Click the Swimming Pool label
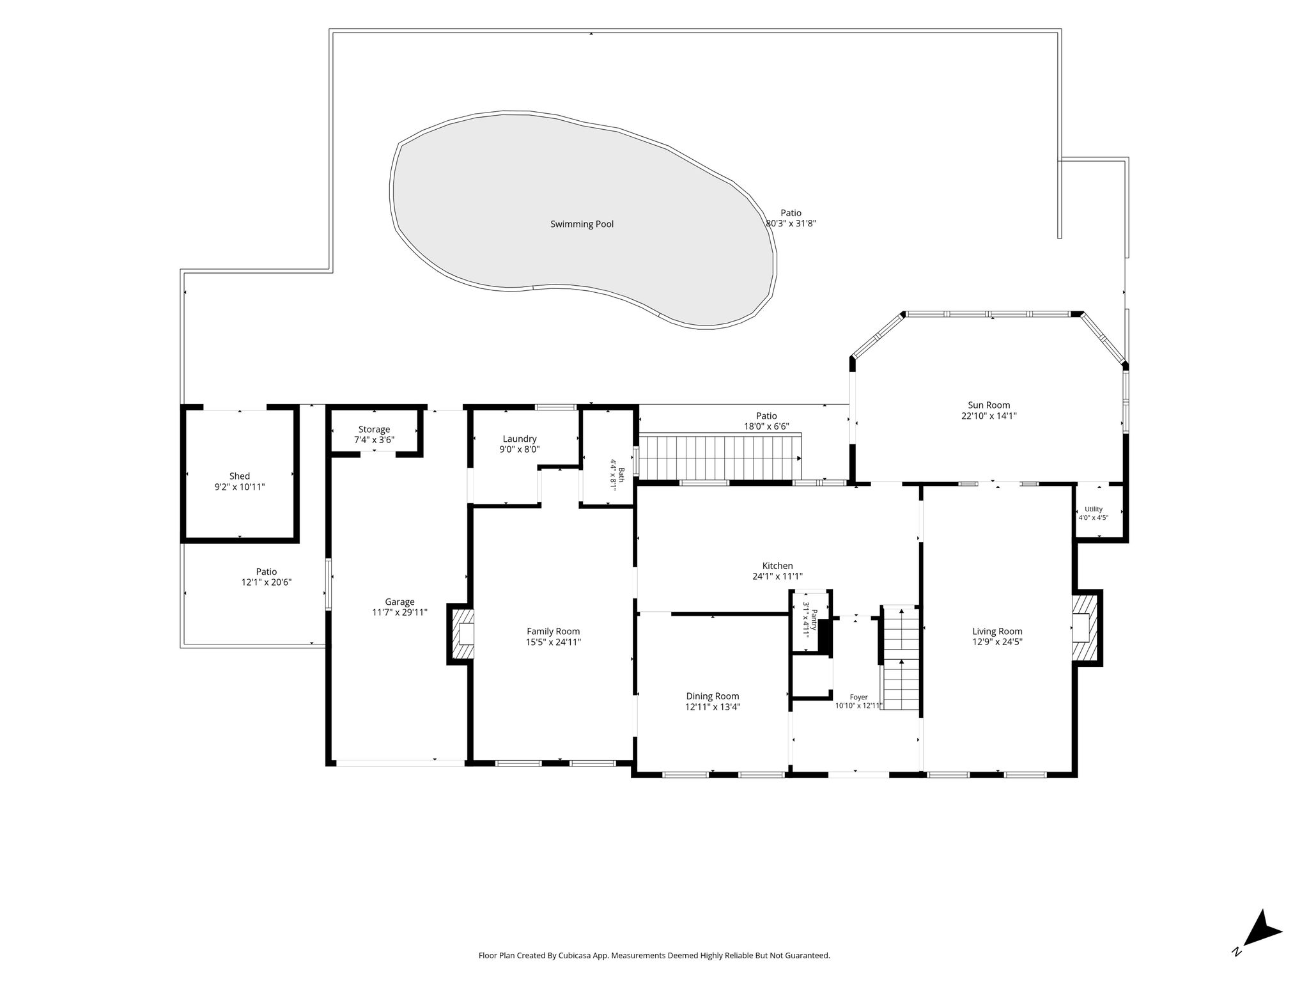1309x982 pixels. [582, 224]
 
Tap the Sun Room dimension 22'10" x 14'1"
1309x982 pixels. [988, 416]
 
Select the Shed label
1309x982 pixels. [240, 476]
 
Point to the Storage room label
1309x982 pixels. [374, 430]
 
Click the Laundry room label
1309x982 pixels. [519, 439]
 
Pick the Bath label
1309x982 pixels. [621, 474]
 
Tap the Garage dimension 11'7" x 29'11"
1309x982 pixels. [399, 612]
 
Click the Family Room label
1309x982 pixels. [554, 632]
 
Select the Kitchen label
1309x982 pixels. [777, 566]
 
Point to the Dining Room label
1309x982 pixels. [713, 696]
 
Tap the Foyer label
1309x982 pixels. [858, 698]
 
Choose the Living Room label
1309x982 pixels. [997, 632]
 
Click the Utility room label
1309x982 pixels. [1094, 510]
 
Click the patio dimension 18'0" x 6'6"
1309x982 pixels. [766, 426]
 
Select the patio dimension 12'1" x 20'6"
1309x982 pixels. [267, 582]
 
